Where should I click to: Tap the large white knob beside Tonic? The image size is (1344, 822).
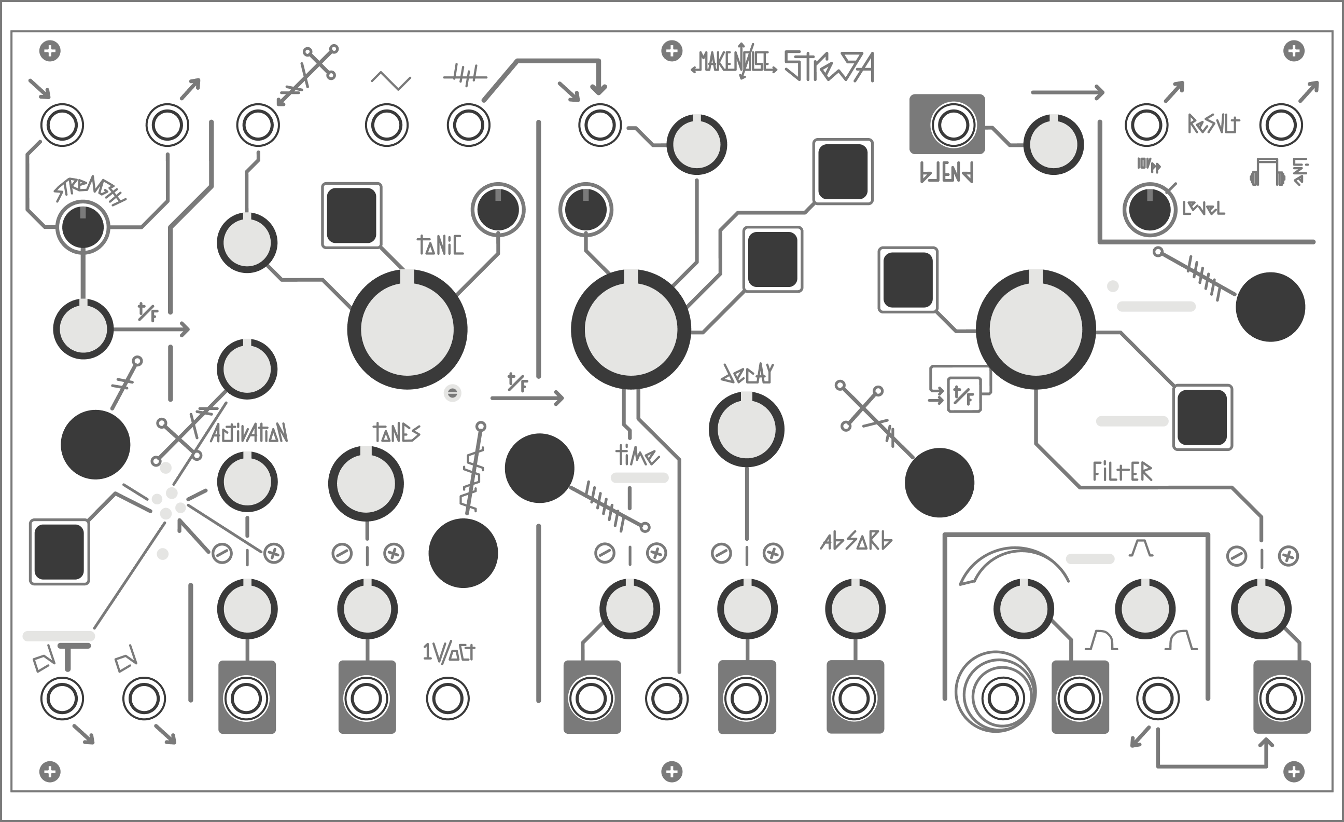pyautogui.click(x=407, y=329)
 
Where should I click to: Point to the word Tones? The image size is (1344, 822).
pyautogui.click(x=397, y=433)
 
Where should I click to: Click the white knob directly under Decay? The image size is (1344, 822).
pyautogui.click(x=746, y=429)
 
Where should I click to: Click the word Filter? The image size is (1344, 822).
pyautogui.click(x=1122, y=472)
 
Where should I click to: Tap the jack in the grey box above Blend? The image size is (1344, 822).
pyautogui.click(x=953, y=125)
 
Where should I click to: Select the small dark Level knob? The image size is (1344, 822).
pyautogui.click(x=1149, y=210)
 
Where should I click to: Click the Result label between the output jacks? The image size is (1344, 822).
pyautogui.click(x=1214, y=125)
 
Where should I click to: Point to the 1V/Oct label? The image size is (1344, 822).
pyautogui.click(x=449, y=652)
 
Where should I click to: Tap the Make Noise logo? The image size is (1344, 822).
pyautogui.click(x=734, y=64)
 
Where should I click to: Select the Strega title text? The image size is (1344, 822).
pyautogui.click(x=829, y=66)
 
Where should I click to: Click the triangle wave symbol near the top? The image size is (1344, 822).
pyautogui.click(x=390, y=82)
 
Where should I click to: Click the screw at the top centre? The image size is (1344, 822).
pyautogui.click(x=671, y=51)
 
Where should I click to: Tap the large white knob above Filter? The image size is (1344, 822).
pyautogui.click(x=1035, y=329)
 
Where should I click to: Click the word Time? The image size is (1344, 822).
pyautogui.click(x=637, y=455)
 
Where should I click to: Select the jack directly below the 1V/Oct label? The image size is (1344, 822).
pyautogui.click(x=447, y=698)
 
